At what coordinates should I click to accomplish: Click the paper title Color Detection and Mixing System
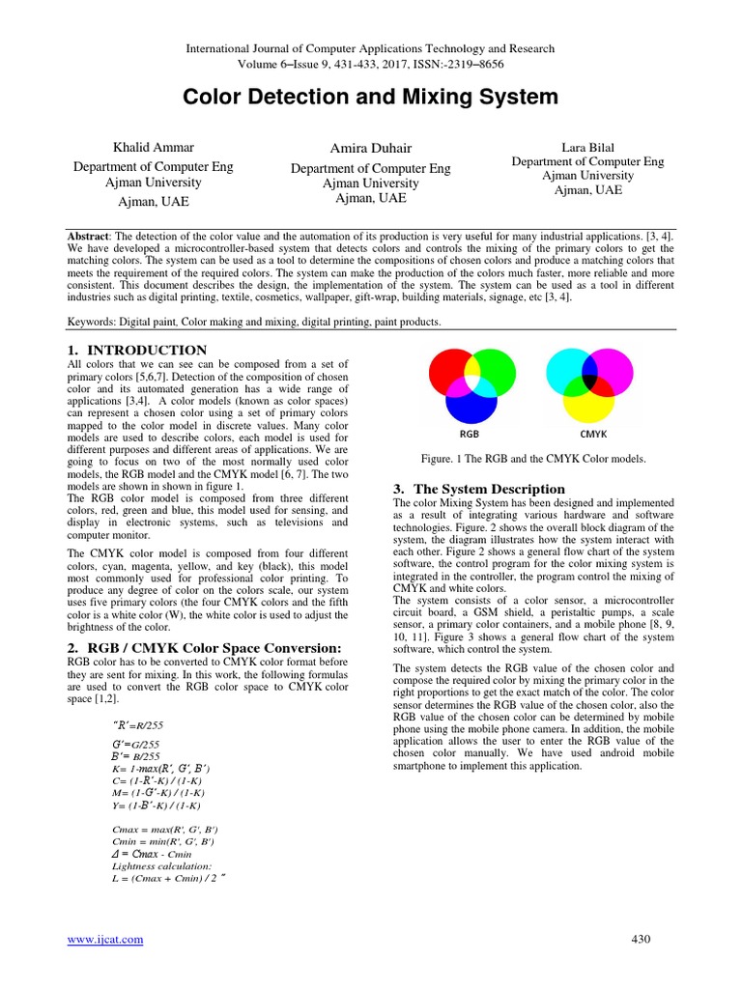(x=370, y=97)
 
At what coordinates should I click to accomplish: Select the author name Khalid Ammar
(x=154, y=148)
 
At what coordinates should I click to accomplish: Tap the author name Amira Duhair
(x=370, y=147)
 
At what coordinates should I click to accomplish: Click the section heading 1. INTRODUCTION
(x=136, y=350)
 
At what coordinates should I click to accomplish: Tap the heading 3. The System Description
(x=478, y=489)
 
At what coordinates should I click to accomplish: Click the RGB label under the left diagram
(x=470, y=435)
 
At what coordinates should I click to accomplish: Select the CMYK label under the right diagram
(x=592, y=435)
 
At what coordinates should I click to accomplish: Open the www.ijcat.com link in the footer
(x=104, y=940)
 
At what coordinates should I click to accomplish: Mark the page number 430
(x=641, y=940)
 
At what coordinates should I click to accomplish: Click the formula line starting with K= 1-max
(x=161, y=767)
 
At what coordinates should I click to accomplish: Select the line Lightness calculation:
(x=160, y=866)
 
